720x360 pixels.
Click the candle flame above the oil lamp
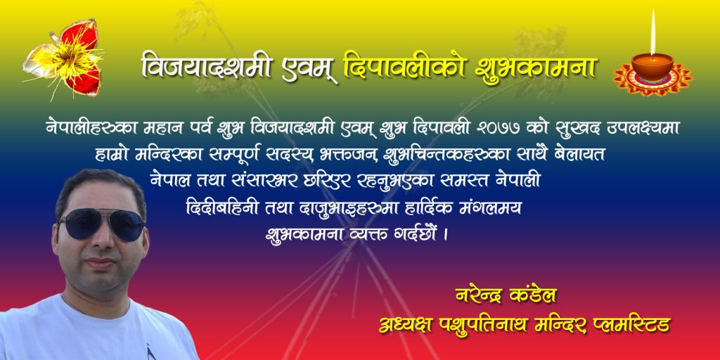pyautogui.click(x=652, y=32)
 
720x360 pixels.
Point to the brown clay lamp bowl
pyautogui.click(x=652, y=66)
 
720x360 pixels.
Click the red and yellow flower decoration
pyautogui.click(x=64, y=59)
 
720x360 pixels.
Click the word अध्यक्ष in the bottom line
pyautogui.click(x=404, y=325)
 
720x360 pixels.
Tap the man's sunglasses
pyautogui.click(x=101, y=224)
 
